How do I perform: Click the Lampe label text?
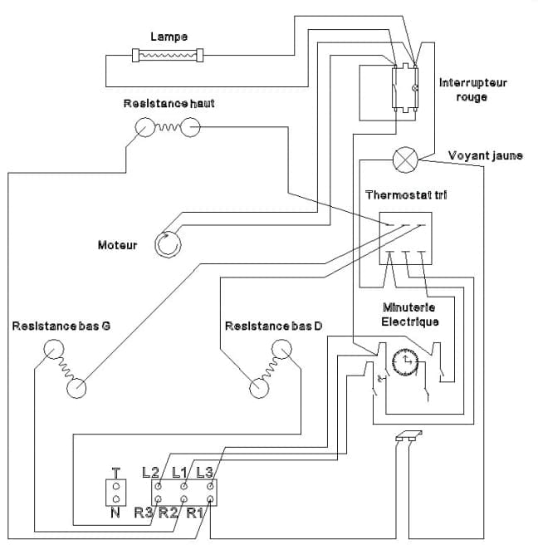pyautogui.click(x=169, y=37)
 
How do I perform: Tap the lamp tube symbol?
pyautogui.click(x=168, y=55)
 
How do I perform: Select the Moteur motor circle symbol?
pyautogui.click(x=168, y=244)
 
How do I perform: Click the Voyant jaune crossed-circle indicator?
pyautogui.click(x=405, y=160)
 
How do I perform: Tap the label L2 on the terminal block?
pyautogui.click(x=150, y=472)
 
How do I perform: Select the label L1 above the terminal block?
pyautogui.click(x=179, y=472)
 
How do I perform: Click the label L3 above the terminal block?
pyautogui.click(x=205, y=472)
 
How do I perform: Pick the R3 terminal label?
pyautogui.click(x=143, y=512)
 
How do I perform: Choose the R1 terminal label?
pyautogui.click(x=194, y=512)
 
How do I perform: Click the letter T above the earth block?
pyautogui.click(x=115, y=473)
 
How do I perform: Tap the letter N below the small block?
pyautogui.click(x=115, y=513)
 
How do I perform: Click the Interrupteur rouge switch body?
pyautogui.click(x=405, y=88)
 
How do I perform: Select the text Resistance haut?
pyautogui.click(x=169, y=104)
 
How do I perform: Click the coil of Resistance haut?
pyautogui.click(x=168, y=126)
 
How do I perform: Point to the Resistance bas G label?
pyautogui.click(x=61, y=326)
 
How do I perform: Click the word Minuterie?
pyautogui.click(x=408, y=307)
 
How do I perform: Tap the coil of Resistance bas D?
pyautogui.click(x=270, y=368)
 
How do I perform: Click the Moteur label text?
pyautogui.click(x=117, y=245)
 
